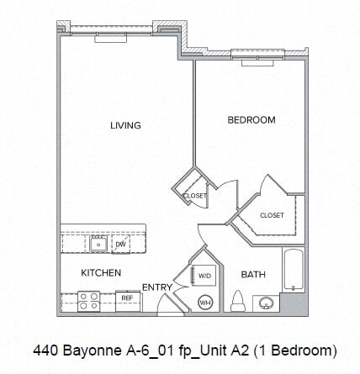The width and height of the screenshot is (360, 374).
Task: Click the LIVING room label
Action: coord(125,126)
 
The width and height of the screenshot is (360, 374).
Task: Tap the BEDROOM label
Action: coord(251,120)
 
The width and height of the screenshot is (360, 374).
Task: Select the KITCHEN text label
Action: coord(101,273)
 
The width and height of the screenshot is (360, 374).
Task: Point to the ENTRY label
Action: coord(156,287)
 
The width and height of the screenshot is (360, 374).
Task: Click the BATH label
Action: coord(253,274)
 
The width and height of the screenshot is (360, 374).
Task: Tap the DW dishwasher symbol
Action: coord(120,244)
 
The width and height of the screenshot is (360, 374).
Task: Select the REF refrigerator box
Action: coord(127,298)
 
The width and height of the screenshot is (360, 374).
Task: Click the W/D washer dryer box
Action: coord(204,276)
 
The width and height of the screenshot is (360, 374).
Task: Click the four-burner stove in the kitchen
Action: coord(88,299)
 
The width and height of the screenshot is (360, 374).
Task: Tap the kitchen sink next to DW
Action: coord(98,244)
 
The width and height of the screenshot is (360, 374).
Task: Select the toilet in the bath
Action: coord(238,300)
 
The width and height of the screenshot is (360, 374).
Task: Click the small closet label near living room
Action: coord(195,195)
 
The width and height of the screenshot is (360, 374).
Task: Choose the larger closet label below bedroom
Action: coord(272,215)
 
